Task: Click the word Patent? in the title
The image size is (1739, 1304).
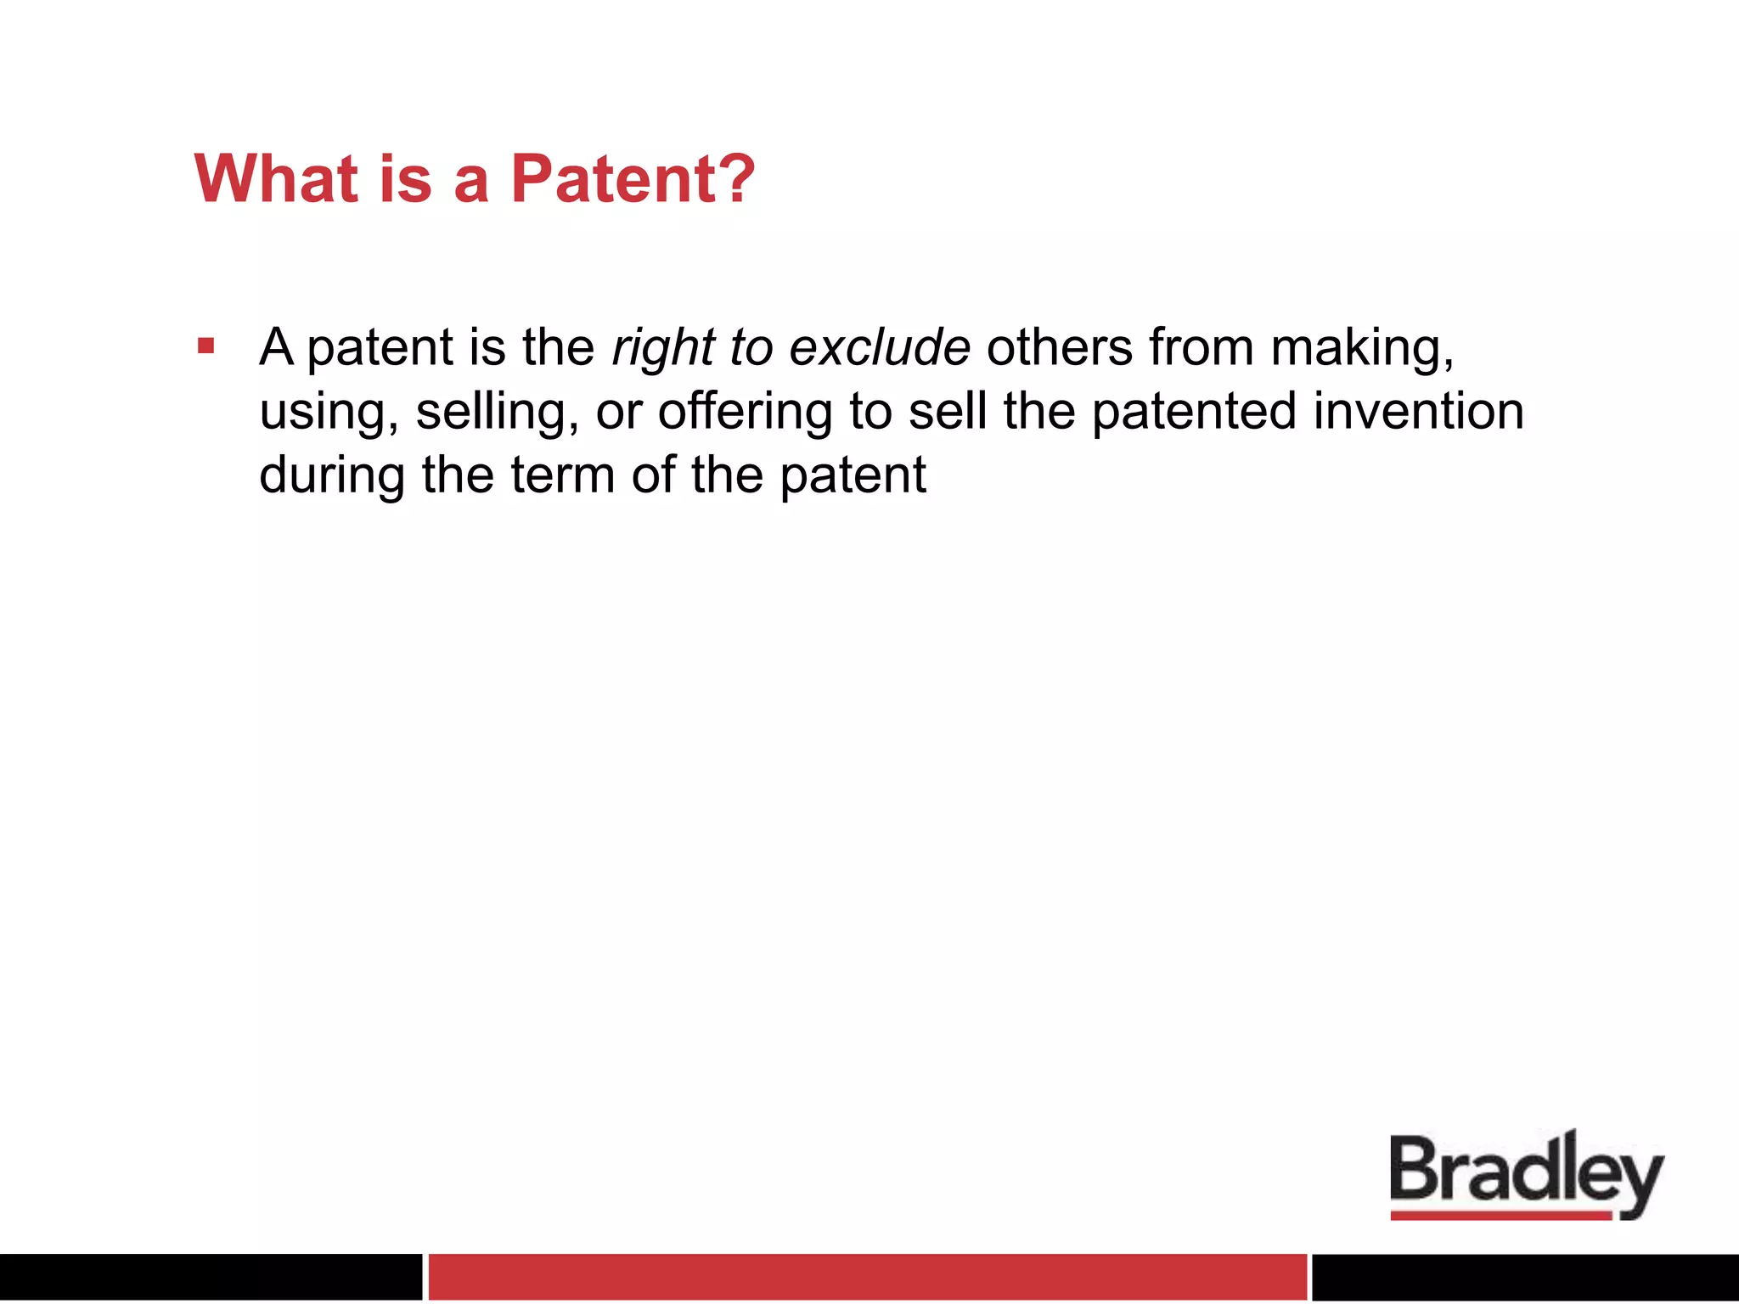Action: tap(633, 179)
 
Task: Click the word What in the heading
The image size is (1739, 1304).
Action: tap(277, 179)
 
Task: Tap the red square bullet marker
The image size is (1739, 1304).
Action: tap(205, 346)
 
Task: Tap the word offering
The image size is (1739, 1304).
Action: tap(745, 412)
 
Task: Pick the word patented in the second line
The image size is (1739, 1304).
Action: tap(1194, 413)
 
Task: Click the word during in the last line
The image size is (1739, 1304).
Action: tap(332, 475)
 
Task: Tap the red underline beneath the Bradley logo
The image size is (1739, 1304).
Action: tap(1500, 1216)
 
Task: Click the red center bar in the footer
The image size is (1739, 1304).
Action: tap(867, 1276)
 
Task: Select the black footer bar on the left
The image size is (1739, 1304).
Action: tap(210, 1276)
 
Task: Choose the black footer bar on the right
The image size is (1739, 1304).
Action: tap(1525, 1276)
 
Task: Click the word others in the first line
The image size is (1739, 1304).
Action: tap(1059, 347)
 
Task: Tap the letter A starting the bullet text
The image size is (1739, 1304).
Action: tap(277, 347)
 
